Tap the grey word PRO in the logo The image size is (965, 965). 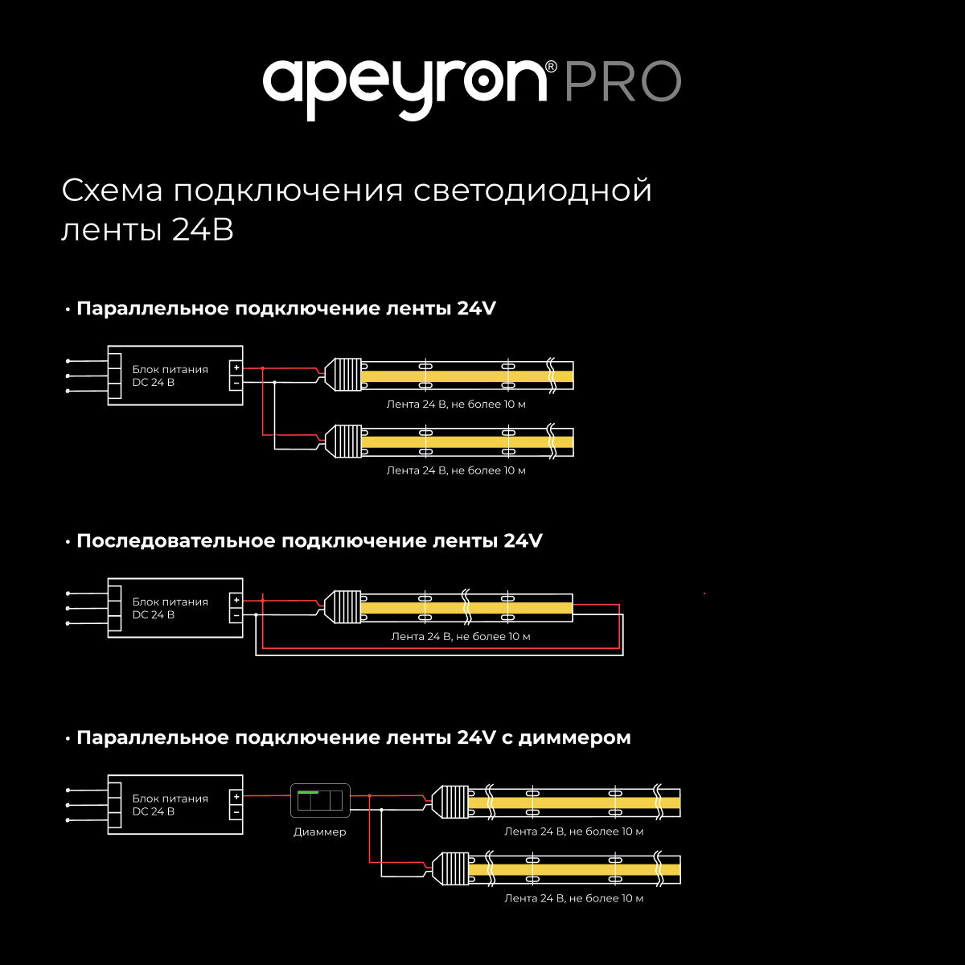pyautogui.click(x=622, y=82)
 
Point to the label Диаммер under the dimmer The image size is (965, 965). pyautogui.click(x=319, y=832)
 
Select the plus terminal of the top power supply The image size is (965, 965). pyautogui.click(x=236, y=368)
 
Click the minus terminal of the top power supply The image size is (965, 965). pyautogui.click(x=236, y=384)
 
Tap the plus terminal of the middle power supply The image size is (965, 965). pyautogui.click(x=236, y=600)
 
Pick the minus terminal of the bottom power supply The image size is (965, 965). pyautogui.click(x=236, y=812)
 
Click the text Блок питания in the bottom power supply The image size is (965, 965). pyautogui.click(x=170, y=799)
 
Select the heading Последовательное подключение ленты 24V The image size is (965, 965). pyautogui.click(x=309, y=541)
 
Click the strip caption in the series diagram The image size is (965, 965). pyautogui.click(x=460, y=637)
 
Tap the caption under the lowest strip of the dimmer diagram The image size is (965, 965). pyautogui.click(x=573, y=898)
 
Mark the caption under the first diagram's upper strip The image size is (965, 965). pyautogui.click(x=456, y=404)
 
